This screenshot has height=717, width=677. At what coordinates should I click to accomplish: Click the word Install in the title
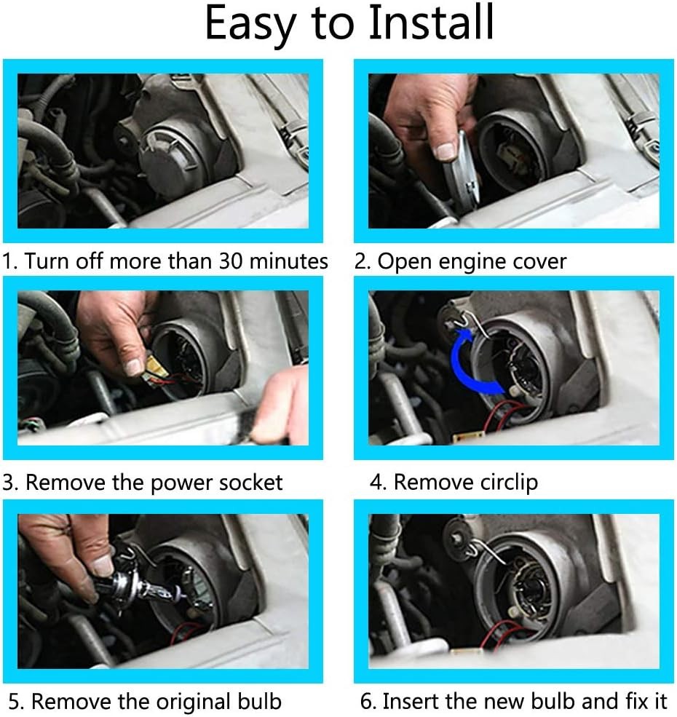432,22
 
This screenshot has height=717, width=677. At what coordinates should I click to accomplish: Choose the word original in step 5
191,702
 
